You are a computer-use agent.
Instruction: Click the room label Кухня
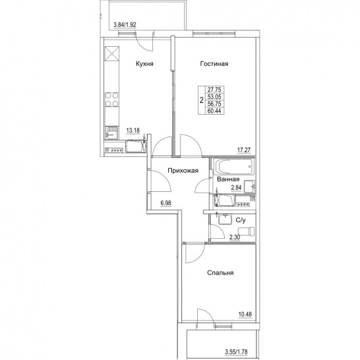(x=144, y=63)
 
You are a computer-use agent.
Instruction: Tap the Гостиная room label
(x=214, y=63)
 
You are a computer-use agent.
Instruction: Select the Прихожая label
(x=183, y=171)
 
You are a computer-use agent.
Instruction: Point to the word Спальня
(x=220, y=273)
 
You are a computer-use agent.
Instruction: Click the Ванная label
(x=228, y=179)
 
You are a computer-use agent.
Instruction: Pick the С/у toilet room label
(x=241, y=220)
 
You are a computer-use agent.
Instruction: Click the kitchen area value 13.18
(x=133, y=131)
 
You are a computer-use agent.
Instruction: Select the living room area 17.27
(x=244, y=150)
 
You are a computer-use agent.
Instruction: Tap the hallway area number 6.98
(x=166, y=203)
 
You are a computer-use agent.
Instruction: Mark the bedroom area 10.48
(x=245, y=314)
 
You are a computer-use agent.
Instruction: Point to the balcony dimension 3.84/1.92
(x=125, y=24)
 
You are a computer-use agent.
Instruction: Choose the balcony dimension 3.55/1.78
(x=236, y=351)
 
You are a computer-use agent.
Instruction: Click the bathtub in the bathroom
(x=234, y=166)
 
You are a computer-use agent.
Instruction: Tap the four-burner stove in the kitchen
(x=112, y=100)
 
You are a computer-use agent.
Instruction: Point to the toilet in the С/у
(x=247, y=231)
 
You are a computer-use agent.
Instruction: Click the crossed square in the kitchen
(x=112, y=53)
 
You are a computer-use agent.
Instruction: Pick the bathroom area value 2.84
(x=236, y=188)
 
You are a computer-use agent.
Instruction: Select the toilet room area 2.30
(x=235, y=237)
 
